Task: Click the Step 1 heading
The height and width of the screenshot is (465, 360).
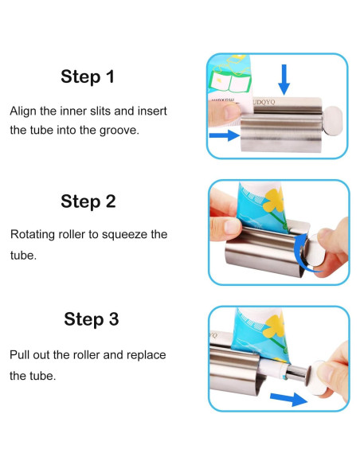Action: click(88, 76)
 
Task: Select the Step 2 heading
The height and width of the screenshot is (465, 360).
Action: click(88, 201)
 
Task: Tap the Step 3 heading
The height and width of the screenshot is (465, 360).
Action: click(92, 319)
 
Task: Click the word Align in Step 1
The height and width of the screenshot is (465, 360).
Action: click(23, 111)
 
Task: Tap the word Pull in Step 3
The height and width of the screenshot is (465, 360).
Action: click(19, 355)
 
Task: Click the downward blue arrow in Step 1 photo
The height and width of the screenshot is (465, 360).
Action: click(284, 80)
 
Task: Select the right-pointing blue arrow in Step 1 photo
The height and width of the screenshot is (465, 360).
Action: click(224, 135)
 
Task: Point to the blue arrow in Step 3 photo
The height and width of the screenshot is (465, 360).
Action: click(289, 399)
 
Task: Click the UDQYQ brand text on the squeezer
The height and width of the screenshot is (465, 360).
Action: click(264, 102)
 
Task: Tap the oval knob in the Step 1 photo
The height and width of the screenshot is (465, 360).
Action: click(333, 121)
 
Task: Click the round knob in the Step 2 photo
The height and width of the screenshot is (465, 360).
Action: click(315, 251)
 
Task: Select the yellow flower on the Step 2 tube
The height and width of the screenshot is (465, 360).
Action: click(274, 200)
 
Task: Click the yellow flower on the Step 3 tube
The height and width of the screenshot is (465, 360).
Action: click(276, 326)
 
